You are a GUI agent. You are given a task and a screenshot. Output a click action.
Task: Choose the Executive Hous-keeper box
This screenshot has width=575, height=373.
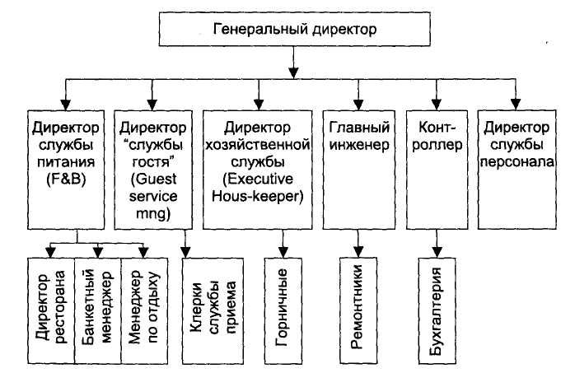tap(258, 167)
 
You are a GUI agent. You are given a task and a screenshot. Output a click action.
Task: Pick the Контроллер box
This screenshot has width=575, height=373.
tap(436, 167)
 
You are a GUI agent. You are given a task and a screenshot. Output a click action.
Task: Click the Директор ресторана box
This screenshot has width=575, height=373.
tap(50, 310)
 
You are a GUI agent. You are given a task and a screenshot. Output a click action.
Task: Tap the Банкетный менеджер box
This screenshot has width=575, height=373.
tap(97, 310)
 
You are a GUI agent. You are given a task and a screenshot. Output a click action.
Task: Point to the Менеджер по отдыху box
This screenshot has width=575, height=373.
tap(144, 310)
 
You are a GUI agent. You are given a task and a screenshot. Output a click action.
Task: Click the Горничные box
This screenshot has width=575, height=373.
tap(283, 310)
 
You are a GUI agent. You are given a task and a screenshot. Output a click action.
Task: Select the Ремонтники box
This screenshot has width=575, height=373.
tap(358, 310)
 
